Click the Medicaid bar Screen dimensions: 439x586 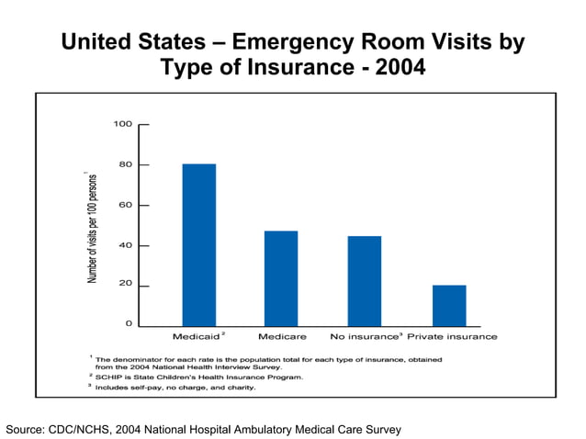click(198, 244)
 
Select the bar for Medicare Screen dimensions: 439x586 click(280, 278)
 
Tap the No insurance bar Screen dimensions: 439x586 click(364, 281)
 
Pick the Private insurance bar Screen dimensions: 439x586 click(449, 306)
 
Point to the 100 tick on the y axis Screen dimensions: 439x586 click(123, 124)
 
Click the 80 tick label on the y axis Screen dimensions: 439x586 click(126, 164)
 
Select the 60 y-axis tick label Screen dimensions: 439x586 click(126, 205)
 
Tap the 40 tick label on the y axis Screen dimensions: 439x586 click(126, 245)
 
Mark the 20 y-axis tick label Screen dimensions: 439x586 click(126, 285)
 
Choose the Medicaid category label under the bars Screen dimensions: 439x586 click(196, 336)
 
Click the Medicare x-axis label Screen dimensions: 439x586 click(282, 336)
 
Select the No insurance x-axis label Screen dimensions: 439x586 click(364, 336)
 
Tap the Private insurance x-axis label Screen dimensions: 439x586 click(452, 336)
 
